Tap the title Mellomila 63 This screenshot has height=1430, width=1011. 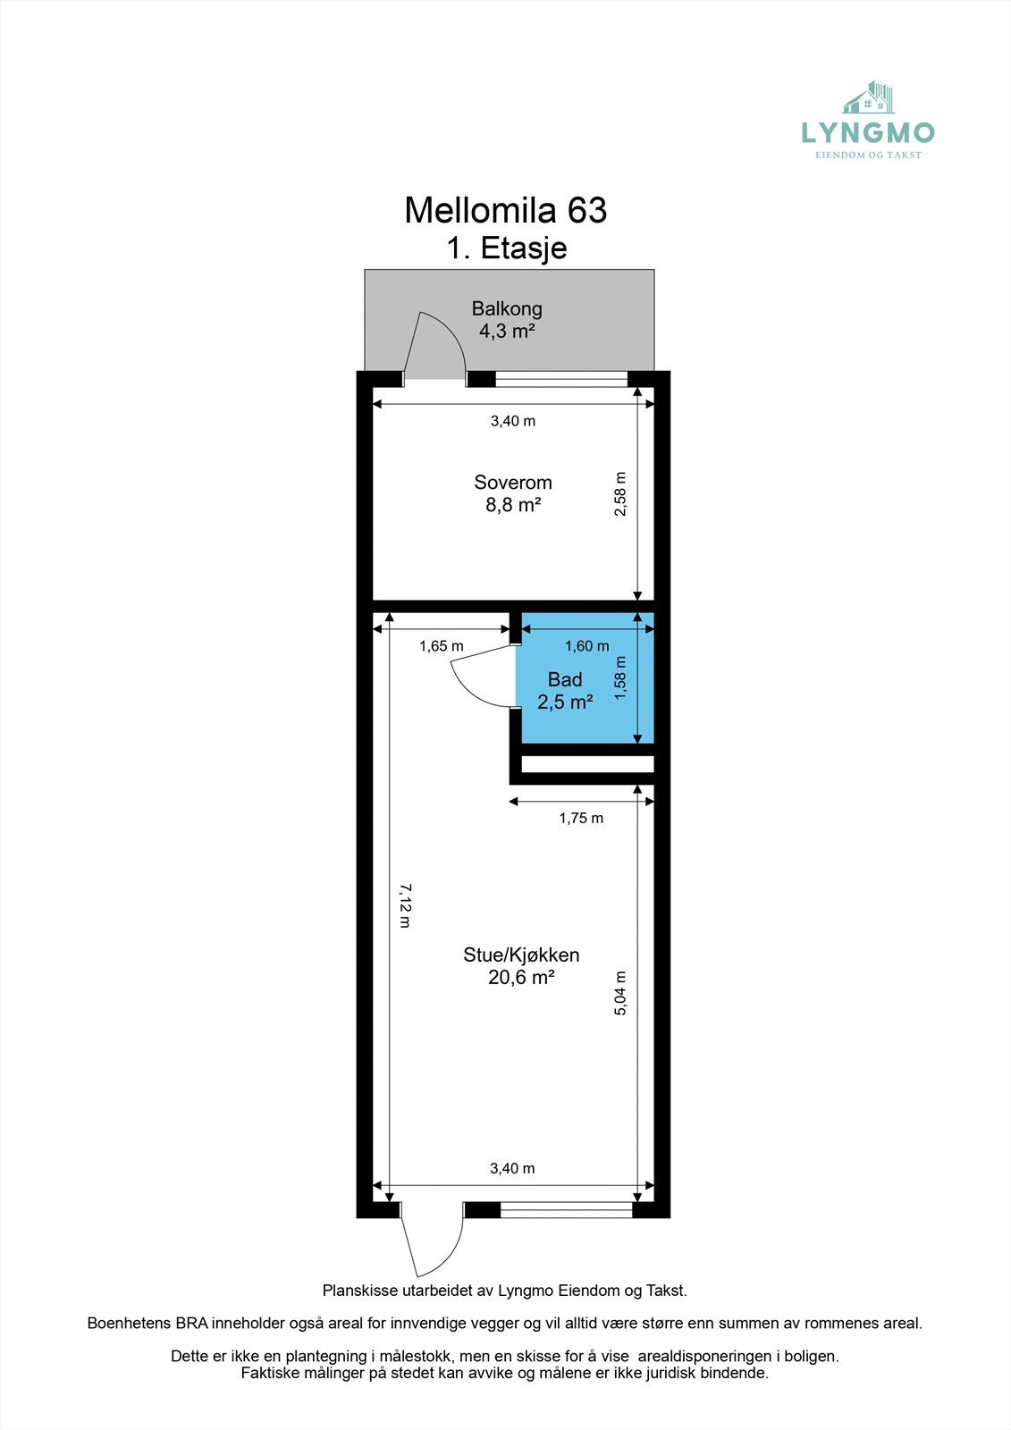(x=505, y=211)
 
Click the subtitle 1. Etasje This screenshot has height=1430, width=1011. (x=507, y=248)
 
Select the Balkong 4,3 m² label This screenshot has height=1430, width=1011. (x=507, y=320)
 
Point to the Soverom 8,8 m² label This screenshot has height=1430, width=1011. (x=512, y=493)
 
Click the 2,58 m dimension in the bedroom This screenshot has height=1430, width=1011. (x=620, y=493)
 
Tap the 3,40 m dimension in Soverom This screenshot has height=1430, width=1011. (x=512, y=421)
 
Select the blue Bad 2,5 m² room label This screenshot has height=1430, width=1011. (x=564, y=691)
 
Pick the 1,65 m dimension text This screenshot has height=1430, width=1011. (x=442, y=646)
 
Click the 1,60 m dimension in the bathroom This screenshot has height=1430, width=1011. (x=586, y=646)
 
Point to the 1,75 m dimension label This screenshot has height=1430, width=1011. (x=581, y=818)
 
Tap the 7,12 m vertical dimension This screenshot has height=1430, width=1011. (x=404, y=905)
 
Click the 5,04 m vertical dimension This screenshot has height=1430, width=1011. (x=620, y=993)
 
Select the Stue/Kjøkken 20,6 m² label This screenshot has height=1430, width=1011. (x=521, y=966)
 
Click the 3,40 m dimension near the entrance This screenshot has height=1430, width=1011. (x=512, y=1168)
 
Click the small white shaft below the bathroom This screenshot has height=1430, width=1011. (x=587, y=764)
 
